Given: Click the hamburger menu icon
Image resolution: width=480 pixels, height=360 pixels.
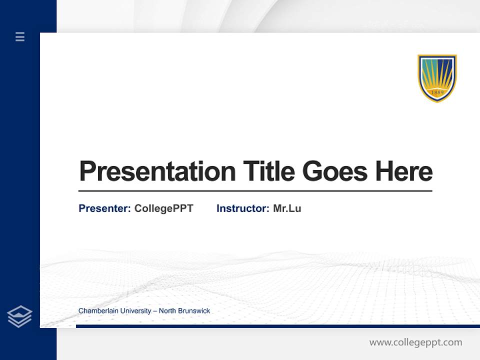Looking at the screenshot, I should [20, 36].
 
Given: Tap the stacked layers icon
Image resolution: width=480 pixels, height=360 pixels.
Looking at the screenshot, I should [19, 316].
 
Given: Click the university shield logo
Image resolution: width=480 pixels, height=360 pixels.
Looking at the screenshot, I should [437, 78].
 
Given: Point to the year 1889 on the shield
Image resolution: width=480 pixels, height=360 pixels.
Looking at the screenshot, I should [437, 92].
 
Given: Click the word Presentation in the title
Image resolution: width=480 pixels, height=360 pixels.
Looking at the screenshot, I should [157, 171].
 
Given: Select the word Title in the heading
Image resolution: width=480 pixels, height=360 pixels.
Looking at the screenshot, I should [269, 171].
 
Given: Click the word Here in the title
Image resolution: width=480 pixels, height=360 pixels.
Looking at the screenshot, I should [404, 171].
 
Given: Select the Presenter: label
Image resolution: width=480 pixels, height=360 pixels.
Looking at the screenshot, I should [105, 208].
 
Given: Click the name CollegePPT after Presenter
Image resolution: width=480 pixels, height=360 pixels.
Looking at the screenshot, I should [163, 208].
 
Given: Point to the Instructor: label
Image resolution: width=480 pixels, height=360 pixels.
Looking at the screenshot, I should [243, 208].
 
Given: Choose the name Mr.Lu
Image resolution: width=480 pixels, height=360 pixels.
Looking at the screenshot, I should [287, 208].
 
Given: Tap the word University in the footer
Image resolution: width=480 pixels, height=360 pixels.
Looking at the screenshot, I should [134, 311].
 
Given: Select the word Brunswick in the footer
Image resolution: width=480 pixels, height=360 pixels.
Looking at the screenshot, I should [194, 311].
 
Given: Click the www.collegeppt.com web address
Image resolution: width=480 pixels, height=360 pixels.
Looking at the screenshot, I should [415, 342].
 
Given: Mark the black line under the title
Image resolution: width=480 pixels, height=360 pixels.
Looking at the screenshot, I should [255, 191].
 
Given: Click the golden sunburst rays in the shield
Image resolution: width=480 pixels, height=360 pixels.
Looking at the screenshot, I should [437, 75].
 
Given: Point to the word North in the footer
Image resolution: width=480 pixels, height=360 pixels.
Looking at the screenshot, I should [167, 311].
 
